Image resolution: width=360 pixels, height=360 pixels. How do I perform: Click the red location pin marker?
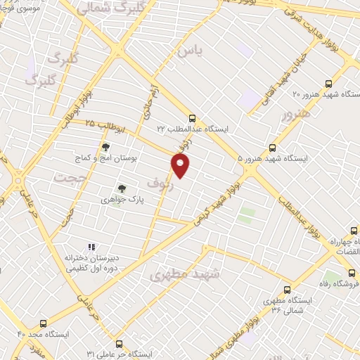coord(181,166)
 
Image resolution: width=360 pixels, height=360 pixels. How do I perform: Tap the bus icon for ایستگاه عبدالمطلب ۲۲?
coord(192,119)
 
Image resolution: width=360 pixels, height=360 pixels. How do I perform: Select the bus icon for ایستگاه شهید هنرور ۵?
coord(273,148)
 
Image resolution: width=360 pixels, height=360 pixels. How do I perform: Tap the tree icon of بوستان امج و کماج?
coord(105,147)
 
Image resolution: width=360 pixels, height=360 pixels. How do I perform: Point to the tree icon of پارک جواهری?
coord(122,188)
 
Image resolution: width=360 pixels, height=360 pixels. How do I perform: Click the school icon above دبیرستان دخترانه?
coord(91,247)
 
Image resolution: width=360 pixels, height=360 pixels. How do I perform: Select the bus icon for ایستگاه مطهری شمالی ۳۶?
coord(287,289)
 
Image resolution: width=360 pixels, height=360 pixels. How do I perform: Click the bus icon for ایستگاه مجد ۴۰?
coord(44,324)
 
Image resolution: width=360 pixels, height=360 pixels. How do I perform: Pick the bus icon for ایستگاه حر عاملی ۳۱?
coord(118,344)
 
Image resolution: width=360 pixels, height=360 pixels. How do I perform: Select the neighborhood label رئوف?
coord(159,183)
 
